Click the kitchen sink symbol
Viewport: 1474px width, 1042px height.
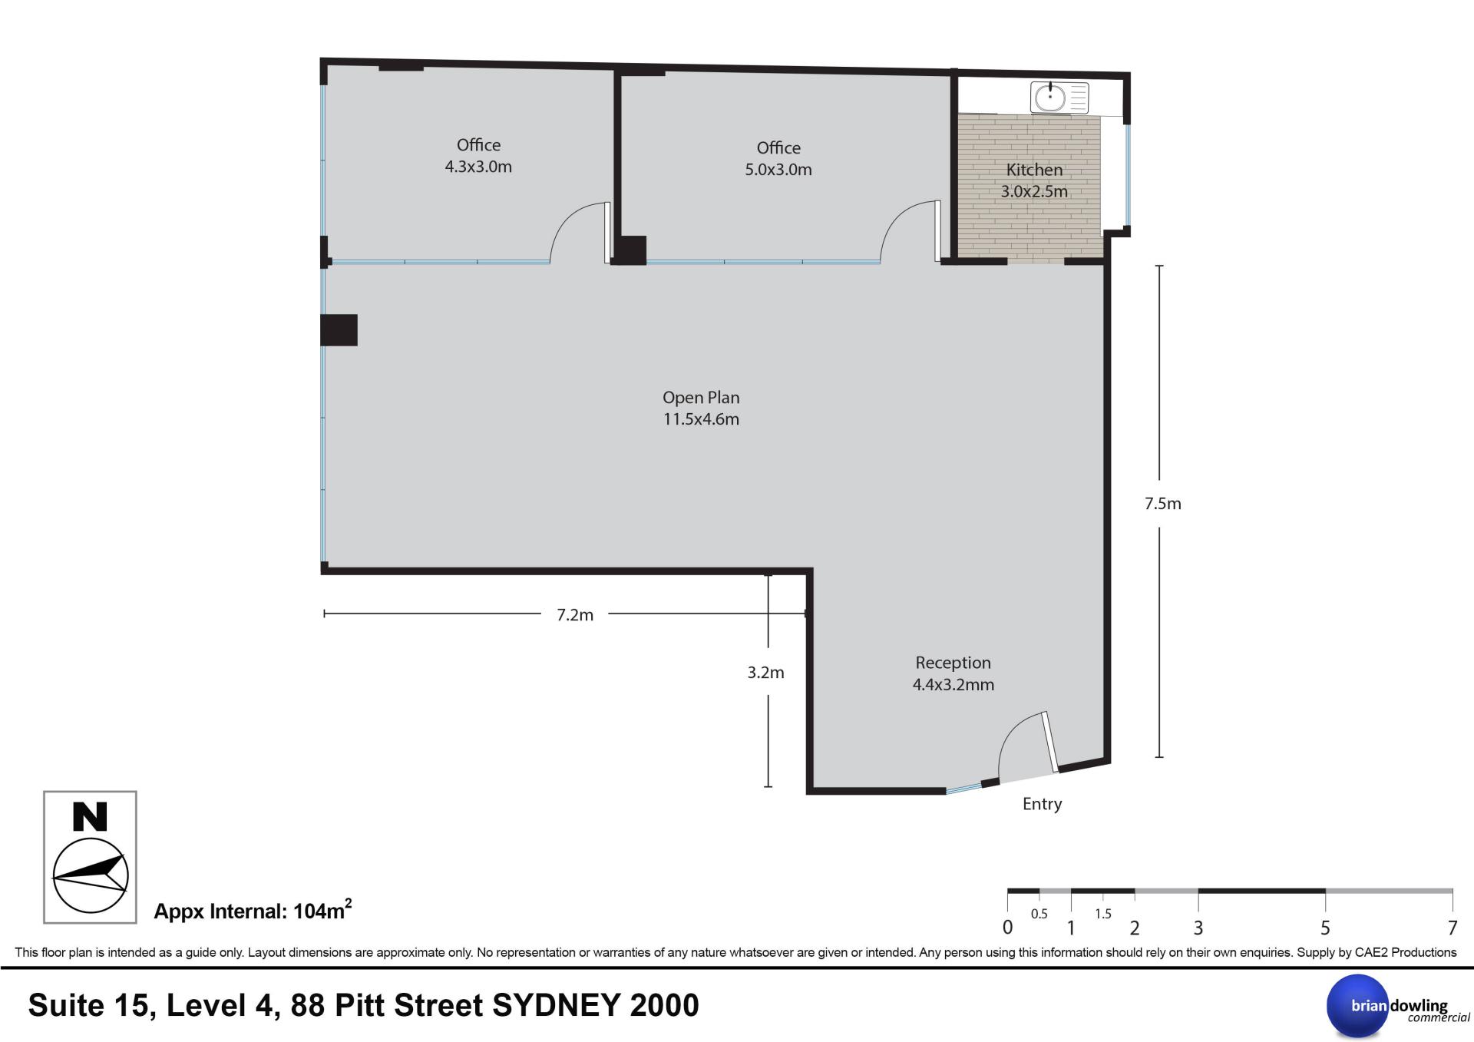[1059, 98]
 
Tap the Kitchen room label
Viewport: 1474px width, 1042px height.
[1034, 180]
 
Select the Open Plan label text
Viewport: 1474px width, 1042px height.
[701, 408]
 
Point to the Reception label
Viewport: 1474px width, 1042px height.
[953, 673]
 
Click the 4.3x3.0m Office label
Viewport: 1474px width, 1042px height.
[478, 156]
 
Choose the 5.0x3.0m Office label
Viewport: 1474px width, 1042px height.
[778, 159]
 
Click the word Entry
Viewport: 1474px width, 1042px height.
[1042, 804]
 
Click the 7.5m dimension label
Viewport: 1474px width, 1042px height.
[1162, 504]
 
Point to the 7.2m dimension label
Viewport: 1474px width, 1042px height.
[575, 615]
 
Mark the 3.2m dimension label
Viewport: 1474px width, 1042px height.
[765, 673]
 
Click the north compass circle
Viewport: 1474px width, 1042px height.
[90, 875]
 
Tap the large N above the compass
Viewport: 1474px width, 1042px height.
[90, 817]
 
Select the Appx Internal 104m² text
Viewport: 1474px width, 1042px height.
[253, 910]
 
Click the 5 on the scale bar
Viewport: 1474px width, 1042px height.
[1325, 928]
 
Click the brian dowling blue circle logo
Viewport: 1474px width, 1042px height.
[1358, 1006]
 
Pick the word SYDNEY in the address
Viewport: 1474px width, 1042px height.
[556, 1006]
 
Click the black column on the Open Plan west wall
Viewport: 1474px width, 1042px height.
[339, 330]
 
